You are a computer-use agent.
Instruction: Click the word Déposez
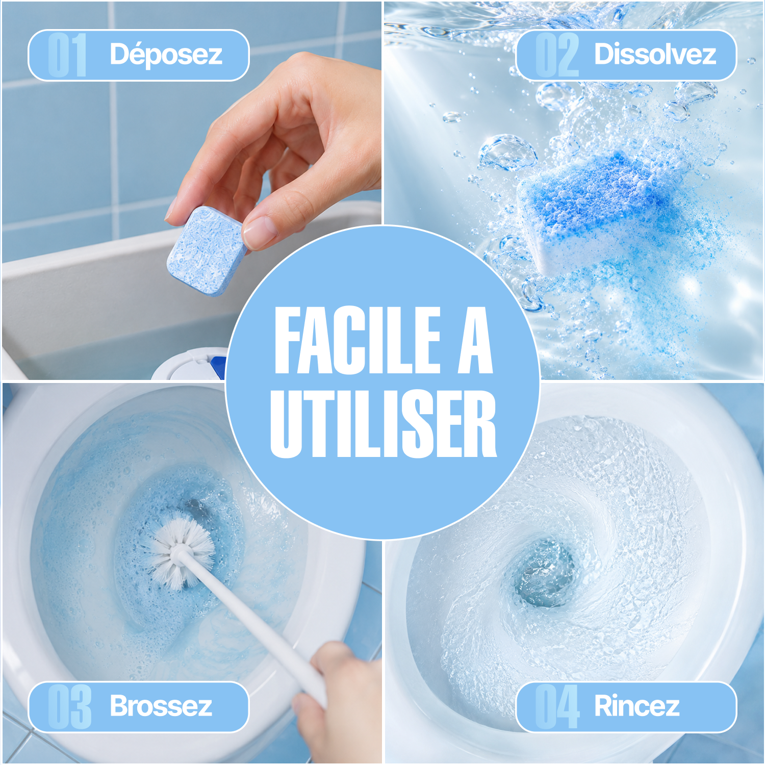[x=166, y=55]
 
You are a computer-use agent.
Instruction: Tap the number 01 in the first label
[x=67, y=55]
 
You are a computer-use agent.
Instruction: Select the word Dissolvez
[x=655, y=54]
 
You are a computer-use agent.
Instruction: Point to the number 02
[x=557, y=55]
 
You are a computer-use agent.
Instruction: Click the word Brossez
[x=161, y=706]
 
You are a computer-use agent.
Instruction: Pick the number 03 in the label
[x=69, y=707]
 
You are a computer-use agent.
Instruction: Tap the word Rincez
[x=637, y=706]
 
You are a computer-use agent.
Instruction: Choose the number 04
[x=557, y=707]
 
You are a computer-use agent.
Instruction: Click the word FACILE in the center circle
[x=358, y=340]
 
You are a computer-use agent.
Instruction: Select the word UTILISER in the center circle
[x=383, y=424]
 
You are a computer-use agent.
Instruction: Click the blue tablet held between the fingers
[x=206, y=250]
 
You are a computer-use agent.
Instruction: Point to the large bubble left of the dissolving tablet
[x=507, y=152]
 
